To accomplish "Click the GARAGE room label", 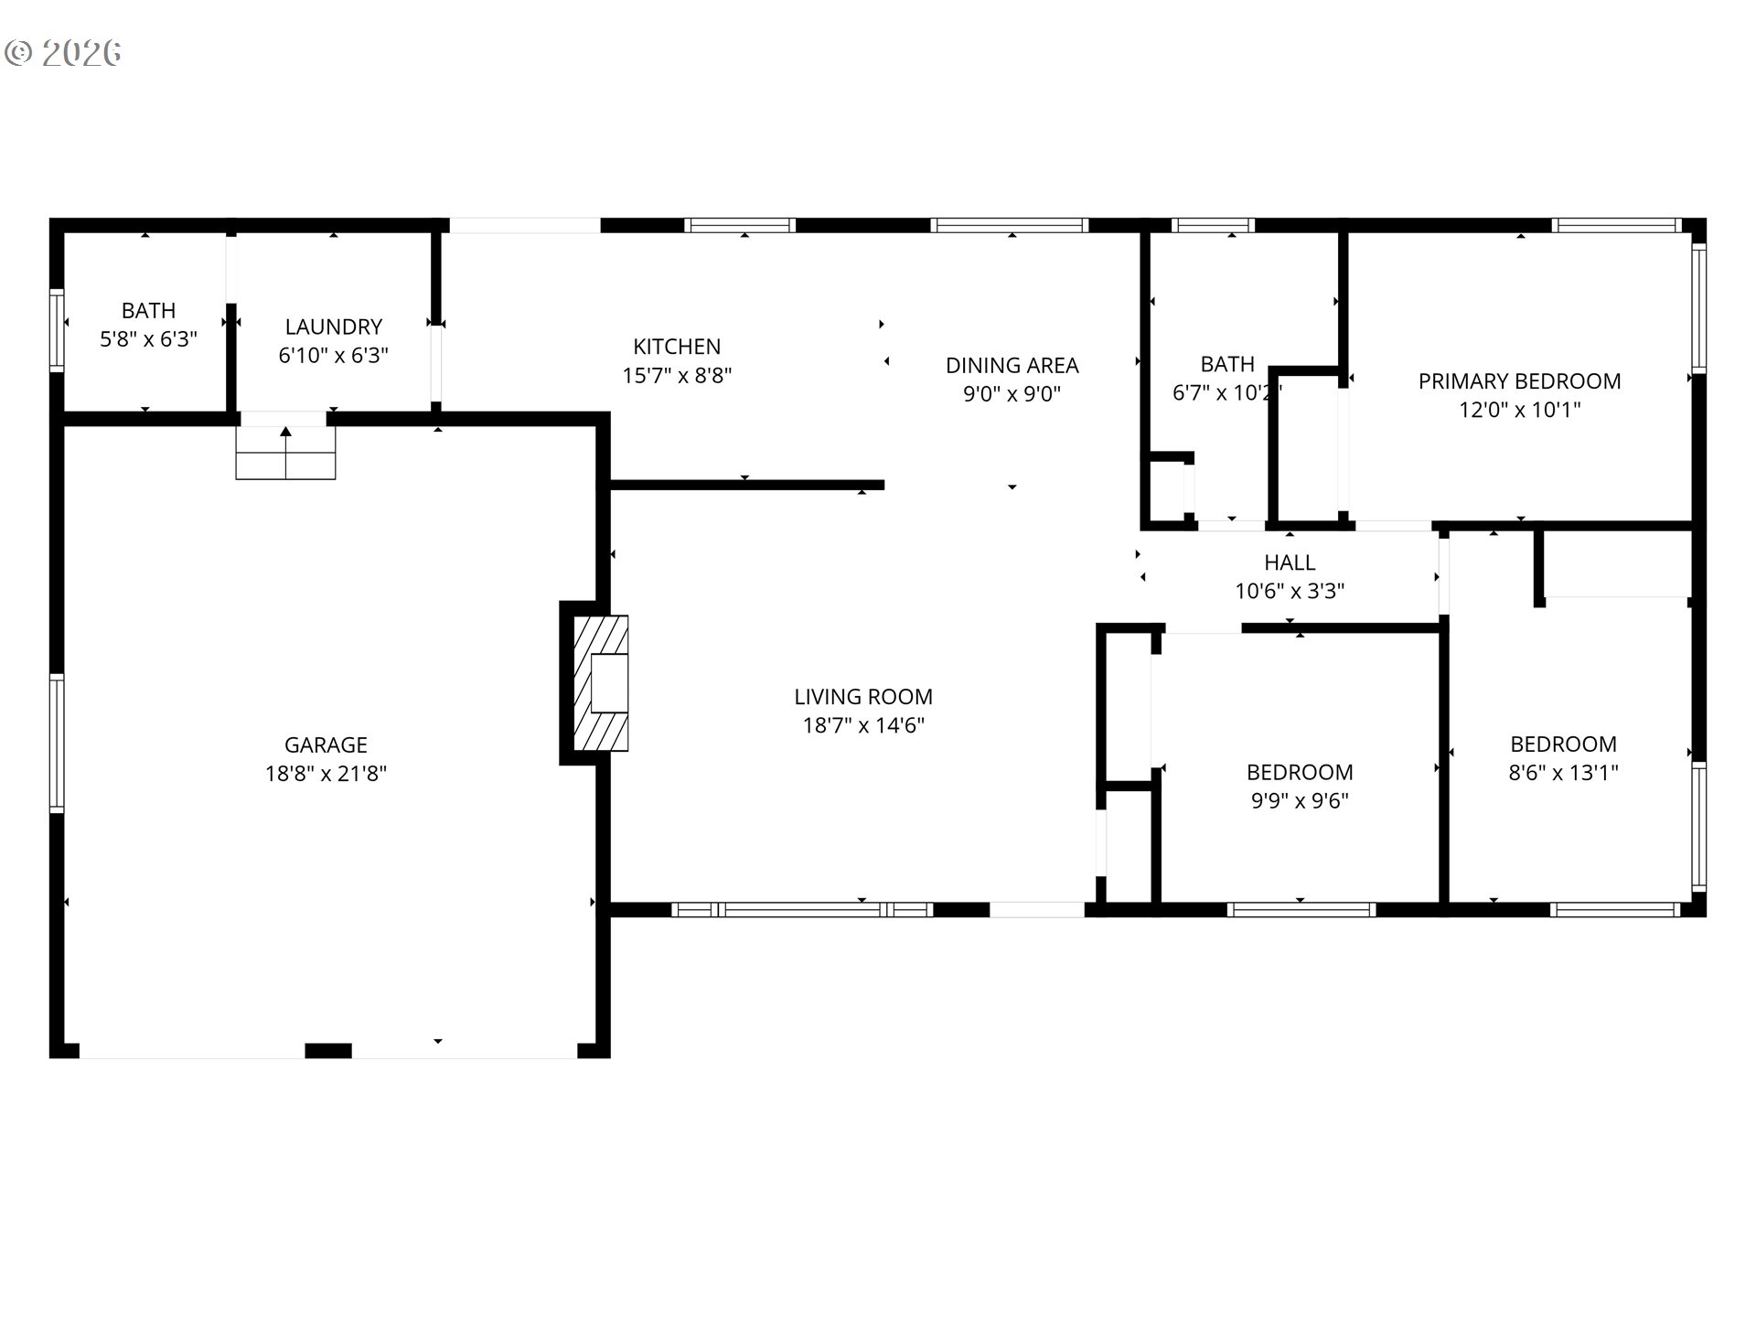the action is (326, 744).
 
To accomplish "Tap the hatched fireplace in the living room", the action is (600, 682).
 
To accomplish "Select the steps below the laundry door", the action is (285, 453).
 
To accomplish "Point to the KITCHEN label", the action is (677, 347).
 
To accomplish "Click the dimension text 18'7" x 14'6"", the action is (863, 725).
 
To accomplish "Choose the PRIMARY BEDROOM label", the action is (1519, 381).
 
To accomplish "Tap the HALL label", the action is (1290, 562).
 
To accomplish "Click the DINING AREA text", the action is (1012, 365).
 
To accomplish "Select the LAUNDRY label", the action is (333, 327).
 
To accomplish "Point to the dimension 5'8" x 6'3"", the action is (148, 339).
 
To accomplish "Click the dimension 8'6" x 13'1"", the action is (1563, 772).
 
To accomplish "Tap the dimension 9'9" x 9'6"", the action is (1300, 800).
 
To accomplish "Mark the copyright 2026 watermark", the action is (63, 52).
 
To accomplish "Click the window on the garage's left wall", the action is (57, 744).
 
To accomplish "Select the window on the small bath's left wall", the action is (57, 329).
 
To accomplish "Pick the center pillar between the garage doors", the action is (327, 1051).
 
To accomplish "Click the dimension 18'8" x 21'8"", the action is (326, 774).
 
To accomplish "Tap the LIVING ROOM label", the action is (863, 697).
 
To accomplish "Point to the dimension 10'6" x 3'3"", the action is (1290, 591).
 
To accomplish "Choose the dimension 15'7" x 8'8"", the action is (677, 375).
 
